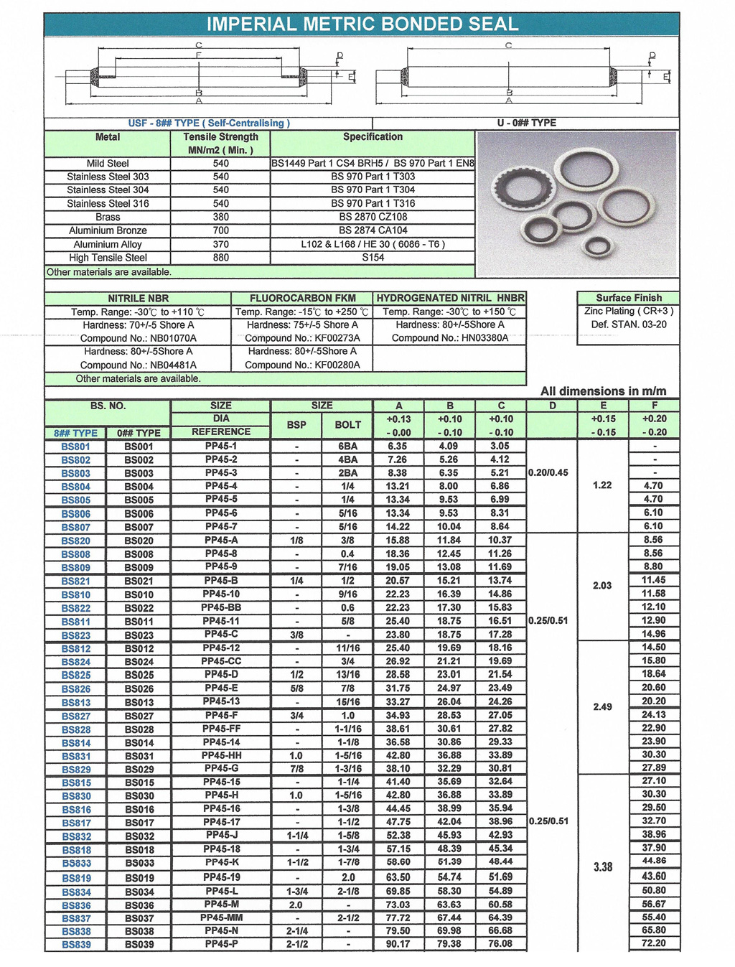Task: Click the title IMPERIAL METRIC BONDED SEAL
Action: coord(362,24)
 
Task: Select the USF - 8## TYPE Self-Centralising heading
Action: coord(208,123)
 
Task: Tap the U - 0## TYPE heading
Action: coord(526,123)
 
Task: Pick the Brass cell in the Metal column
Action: coord(108,217)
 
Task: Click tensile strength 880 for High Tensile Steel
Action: coord(220,257)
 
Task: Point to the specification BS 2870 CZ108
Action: coord(373,217)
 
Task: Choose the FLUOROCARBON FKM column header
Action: coord(302,298)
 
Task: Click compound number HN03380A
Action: coord(449,338)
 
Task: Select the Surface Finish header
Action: coord(629,298)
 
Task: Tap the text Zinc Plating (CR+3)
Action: coord(629,311)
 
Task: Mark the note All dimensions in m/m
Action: coord(603,391)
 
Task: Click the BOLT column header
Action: coord(347,425)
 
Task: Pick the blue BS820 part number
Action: coord(75,541)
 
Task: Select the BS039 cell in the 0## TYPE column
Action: coord(139,945)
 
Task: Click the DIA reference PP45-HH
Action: coord(221,755)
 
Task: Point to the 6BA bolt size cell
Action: coord(347,446)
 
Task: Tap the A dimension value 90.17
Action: coord(398,944)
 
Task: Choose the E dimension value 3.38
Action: coord(603,866)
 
